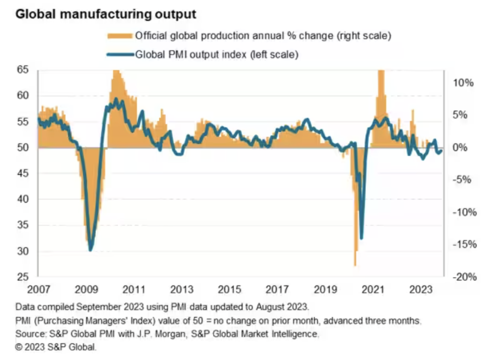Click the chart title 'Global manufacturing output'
point(106,14)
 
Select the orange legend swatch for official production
point(120,36)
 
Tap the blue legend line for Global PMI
point(121,55)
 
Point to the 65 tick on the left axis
point(23,70)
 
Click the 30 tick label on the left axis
point(23,251)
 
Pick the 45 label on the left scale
point(23,173)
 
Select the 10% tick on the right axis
point(463,83)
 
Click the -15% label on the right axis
point(464,245)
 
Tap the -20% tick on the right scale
point(464,277)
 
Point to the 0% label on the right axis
point(460,147)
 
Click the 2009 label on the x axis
point(86,289)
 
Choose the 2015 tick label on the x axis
point(229,289)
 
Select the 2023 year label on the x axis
point(421,289)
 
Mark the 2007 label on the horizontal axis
point(39,289)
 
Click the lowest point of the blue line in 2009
point(90,250)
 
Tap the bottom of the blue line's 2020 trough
point(361,238)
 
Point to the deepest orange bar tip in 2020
point(355,265)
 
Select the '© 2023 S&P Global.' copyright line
point(56,347)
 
